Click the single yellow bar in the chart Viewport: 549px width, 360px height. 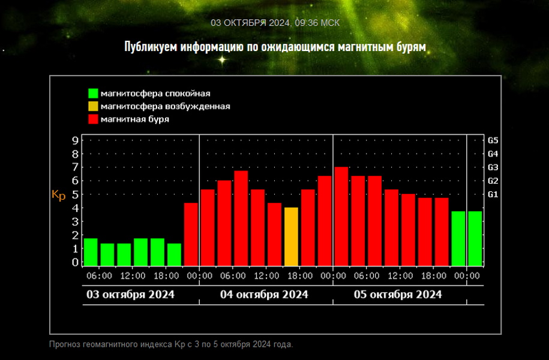click(291, 236)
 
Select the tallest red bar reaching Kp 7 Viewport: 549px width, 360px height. click(341, 216)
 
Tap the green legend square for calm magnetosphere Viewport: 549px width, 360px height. click(93, 94)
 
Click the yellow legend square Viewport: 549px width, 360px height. click(93, 107)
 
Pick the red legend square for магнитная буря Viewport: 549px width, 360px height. click(93, 119)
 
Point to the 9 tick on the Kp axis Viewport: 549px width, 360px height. click(75, 140)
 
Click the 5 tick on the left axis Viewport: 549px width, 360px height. click(75, 194)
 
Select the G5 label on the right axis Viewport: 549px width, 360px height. click(493, 140)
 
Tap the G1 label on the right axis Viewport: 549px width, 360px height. click(493, 194)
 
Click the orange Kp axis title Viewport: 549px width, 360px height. click(59, 195)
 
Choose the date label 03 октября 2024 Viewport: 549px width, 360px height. click(131, 295)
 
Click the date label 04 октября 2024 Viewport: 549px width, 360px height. click(265, 295)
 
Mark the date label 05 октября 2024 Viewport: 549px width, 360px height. click(398, 295)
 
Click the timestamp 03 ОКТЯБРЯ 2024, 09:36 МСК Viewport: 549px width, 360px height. click(275, 23)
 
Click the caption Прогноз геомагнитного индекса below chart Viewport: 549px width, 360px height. click(171, 344)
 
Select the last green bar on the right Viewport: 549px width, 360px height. click(475, 238)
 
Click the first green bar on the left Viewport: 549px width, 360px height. click(91, 252)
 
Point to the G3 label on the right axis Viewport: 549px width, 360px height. click(493, 167)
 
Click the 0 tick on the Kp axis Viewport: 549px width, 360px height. click(75, 262)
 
